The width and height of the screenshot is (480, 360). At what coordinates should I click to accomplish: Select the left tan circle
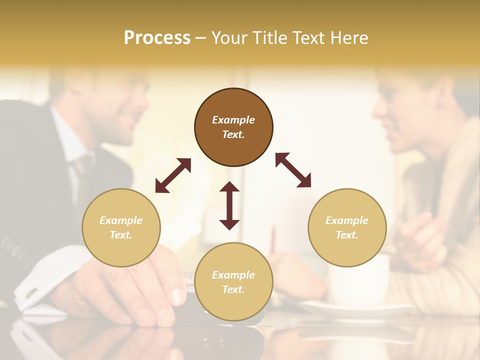coord(121,227)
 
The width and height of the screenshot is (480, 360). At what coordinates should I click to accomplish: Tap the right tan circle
coord(347,227)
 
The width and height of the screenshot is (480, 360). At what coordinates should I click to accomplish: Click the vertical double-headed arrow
coord(229,205)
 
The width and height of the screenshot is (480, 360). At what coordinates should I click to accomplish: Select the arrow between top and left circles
coord(173,175)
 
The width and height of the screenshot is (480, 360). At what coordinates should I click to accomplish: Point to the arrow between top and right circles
coord(293,170)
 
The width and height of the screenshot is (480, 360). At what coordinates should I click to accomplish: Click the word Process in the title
coord(157,37)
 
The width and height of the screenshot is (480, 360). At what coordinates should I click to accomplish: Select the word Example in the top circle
coord(233,120)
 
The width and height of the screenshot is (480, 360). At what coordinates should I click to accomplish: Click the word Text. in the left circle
coord(121,235)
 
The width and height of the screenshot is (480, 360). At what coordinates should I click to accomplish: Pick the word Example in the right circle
coord(347,220)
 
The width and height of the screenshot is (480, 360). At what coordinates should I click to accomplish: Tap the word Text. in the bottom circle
coord(233,289)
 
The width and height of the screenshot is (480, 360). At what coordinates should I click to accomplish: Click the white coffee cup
coord(357,280)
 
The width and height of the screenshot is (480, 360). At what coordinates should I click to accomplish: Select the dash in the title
coord(201,37)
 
